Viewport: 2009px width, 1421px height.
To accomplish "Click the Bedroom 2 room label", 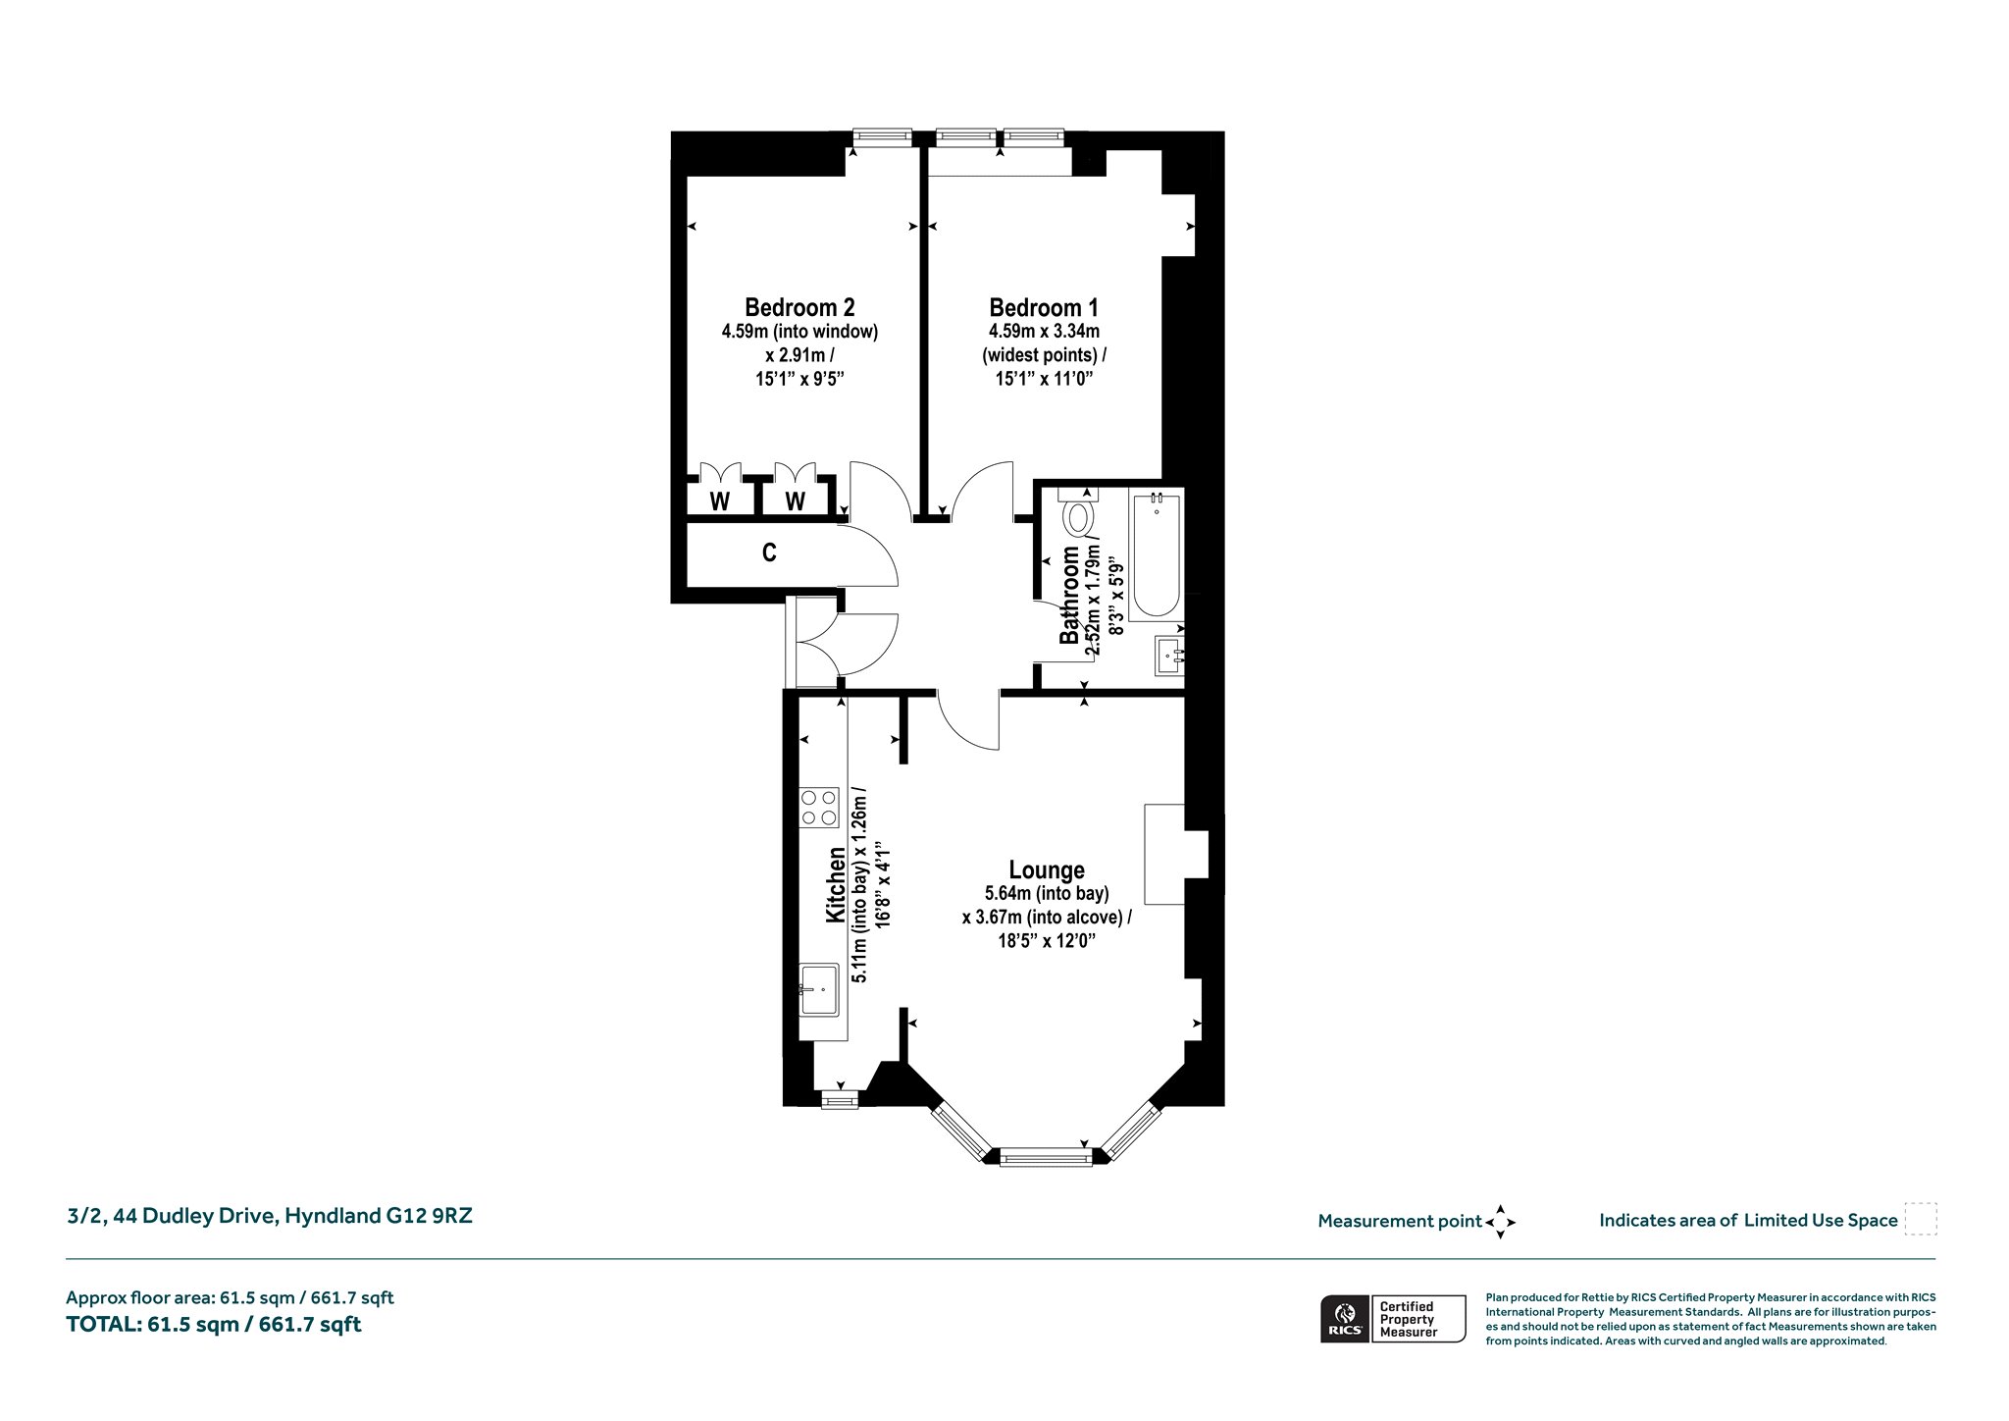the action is (x=799, y=307).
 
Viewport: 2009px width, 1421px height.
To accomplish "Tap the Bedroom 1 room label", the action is (x=1044, y=307).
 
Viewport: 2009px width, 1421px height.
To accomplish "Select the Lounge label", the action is (x=1047, y=869).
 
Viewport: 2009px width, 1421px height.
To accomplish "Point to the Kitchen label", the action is (x=836, y=884).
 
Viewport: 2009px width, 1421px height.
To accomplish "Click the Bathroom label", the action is (x=1069, y=595).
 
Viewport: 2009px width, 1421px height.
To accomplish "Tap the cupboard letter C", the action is (x=769, y=553).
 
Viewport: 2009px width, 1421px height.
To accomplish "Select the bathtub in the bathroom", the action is (x=1156, y=554).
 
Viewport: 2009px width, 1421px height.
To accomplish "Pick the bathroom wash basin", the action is (x=1169, y=655).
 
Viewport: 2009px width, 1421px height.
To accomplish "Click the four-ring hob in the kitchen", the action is (x=819, y=807).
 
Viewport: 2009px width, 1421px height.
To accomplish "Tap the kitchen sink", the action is (x=819, y=989).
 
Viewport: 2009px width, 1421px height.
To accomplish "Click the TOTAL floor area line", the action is (x=214, y=1325).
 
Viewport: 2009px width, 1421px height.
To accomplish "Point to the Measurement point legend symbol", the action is (x=1500, y=1222).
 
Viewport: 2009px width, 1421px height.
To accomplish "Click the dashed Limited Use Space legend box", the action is (x=1921, y=1219).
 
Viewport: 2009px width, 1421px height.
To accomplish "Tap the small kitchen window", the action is (x=840, y=1101).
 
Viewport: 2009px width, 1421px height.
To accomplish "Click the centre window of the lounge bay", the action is (x=1046, y=1159).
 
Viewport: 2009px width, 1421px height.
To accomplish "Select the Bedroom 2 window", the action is (x=882, y=138).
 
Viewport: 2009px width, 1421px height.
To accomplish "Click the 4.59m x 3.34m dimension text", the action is (x=1044, y=332).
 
